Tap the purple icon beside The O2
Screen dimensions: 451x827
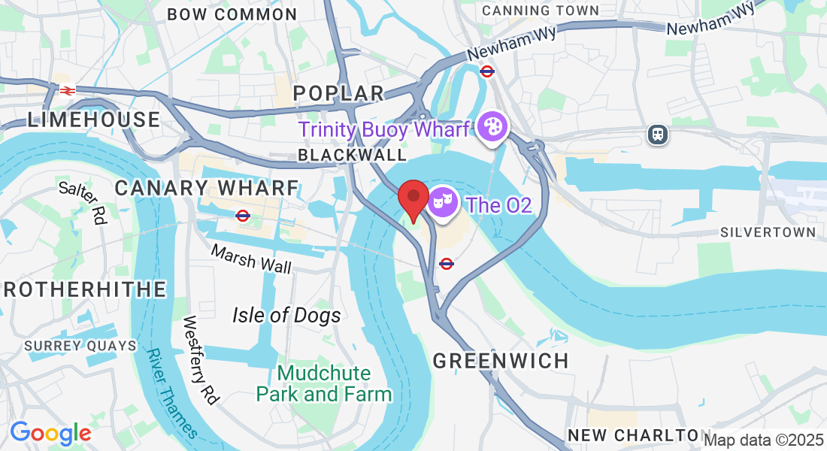[x=443, y=204]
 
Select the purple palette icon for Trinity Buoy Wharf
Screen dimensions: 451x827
[x=492, y=127]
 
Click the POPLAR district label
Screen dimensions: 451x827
[x=338, y=93]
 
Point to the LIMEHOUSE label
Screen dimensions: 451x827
[x=94, y=120]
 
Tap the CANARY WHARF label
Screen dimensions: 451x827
[x=207, y=188]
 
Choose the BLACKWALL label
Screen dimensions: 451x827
[x=352, y=155]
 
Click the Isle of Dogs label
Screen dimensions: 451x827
[x=286, y=315]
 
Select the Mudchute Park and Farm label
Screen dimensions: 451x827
[x=324, y=383]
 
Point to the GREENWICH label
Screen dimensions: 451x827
[x=501, y=361]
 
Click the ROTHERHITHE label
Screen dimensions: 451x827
[x=83, y=289]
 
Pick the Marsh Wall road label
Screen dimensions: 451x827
[x=251, y=259]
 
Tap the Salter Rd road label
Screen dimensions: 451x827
[x=83, y=202]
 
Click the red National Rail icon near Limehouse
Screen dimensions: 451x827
[x=67, y=90]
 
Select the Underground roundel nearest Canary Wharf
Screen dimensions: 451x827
[x=242, y=216]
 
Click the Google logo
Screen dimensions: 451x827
[x=50, y=433]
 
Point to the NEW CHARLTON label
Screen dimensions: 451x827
[x=633, y=435]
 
